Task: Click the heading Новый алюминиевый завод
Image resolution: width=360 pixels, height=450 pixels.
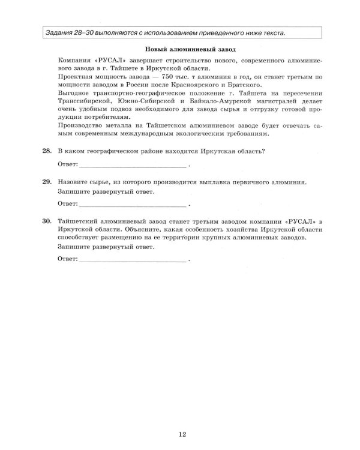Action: [190, 49]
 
